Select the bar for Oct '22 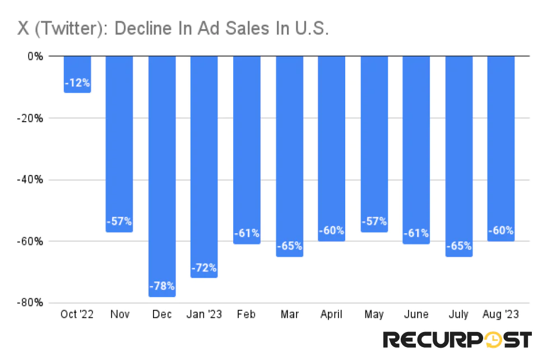77,74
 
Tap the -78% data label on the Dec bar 162,287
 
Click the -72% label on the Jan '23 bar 204,268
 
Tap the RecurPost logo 457,340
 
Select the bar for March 289,157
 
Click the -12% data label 77,83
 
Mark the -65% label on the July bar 458,246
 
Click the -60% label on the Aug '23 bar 500,230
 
